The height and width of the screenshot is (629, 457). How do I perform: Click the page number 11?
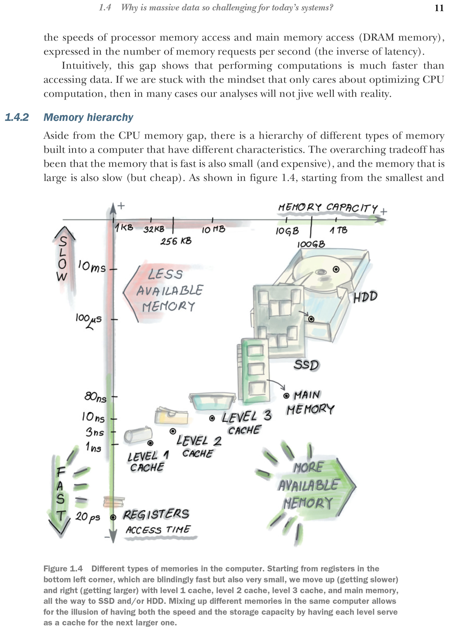(439, 8)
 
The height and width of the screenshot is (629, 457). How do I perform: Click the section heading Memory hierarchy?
(88, 117)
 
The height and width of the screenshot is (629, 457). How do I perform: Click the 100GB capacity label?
(311, 244)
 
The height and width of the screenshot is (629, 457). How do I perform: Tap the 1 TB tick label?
(338, 230)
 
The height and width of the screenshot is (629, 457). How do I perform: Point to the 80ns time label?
(95, 397)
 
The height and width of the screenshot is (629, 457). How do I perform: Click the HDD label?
(365, 296)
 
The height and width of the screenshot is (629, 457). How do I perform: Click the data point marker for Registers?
(113, 517)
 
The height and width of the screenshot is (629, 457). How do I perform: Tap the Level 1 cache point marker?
(150, 443)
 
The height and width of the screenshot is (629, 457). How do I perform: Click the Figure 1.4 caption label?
(63, 568)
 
